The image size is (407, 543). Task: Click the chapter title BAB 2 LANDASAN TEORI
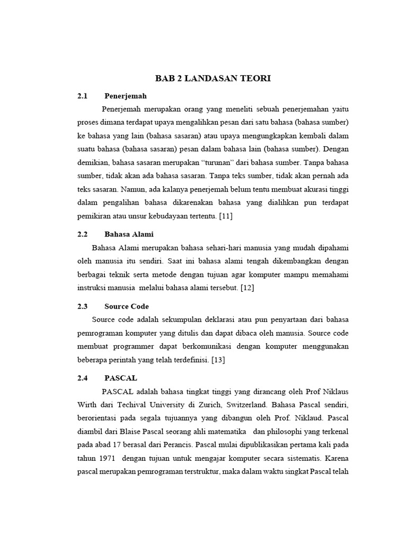(213, 78)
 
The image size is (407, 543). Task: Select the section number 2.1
(82, 96)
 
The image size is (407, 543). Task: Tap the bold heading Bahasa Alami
(129, 234)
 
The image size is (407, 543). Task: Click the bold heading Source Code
(127, 306)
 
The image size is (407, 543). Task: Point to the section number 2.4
(82, 378)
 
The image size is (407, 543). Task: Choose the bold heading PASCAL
(121, 378)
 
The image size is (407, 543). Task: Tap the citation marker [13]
(218, 360)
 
